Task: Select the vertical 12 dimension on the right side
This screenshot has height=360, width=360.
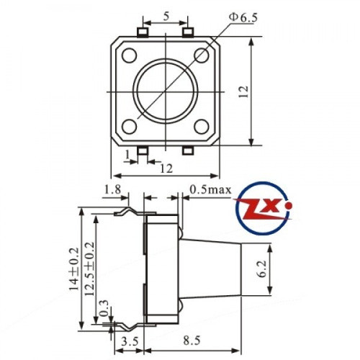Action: click(x=244, y=91)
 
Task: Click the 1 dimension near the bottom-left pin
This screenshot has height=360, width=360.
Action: click(x=127, y=154)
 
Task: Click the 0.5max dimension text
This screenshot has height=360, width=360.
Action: click(x=210, y=189)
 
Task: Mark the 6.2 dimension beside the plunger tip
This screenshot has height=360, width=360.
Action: click(x=262, y=269)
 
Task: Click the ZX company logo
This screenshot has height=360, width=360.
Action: click(x=263, y=209)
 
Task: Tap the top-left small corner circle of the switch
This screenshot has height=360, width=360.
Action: click(x=130, y=56)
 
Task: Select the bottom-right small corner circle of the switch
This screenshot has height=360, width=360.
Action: click(x=202, y=127)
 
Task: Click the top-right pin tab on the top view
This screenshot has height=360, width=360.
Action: click(x=189, y=32)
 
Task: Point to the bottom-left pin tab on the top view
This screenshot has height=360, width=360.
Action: click(x=143, y=150)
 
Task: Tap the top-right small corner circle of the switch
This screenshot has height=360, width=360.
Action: click(x=202, y=56)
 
